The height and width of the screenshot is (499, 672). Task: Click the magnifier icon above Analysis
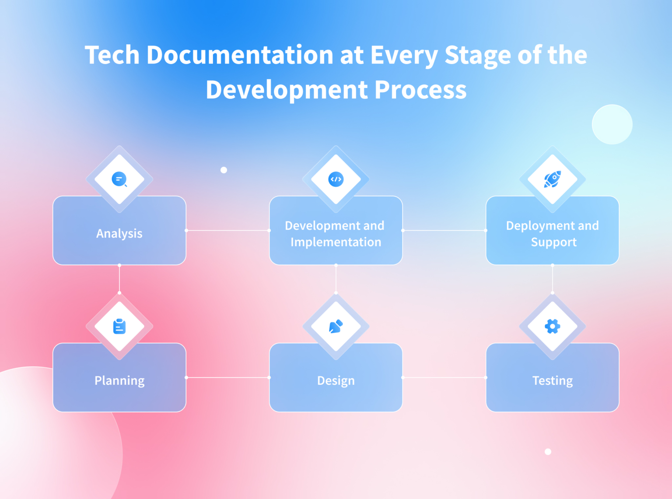point(119,179)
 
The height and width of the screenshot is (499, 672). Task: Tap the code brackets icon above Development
point(336,179)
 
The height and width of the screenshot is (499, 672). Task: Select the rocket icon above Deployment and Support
point(553,179)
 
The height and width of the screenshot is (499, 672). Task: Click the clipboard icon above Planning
point(119,327)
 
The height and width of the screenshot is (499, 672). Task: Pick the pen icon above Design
point(336,327)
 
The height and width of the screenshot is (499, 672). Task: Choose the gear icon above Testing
point(553,327)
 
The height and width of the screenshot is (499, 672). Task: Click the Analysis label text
point(119,234)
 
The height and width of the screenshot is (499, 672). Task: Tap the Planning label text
point(119,381)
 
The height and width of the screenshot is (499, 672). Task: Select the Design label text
point(336,381)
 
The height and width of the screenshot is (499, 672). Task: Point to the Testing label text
point(553,381)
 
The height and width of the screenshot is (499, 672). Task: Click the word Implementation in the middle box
point(336,242)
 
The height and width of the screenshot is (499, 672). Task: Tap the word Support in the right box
point(554,242)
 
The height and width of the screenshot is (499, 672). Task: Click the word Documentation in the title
point(240,55)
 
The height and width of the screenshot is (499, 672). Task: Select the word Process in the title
point(420,90)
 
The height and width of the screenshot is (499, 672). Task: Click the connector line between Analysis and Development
point(227,230)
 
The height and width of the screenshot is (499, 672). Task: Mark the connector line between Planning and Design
point(227,377)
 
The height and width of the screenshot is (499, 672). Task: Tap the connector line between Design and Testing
point(444,377)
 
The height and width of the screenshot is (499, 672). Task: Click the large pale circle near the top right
point(612,124)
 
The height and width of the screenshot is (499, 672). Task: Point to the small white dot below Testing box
point(548,452)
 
